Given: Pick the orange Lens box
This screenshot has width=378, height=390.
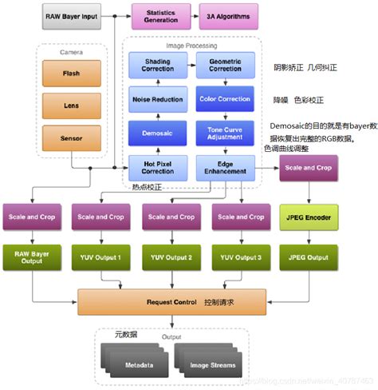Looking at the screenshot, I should point(70,105).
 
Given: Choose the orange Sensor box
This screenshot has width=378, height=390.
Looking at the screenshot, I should point(70,137).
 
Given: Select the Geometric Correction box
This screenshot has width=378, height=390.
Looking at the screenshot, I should point(224,65).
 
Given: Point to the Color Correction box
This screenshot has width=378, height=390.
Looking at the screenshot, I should point(224,99).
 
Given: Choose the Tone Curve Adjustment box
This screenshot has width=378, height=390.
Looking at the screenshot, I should point(224,133).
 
